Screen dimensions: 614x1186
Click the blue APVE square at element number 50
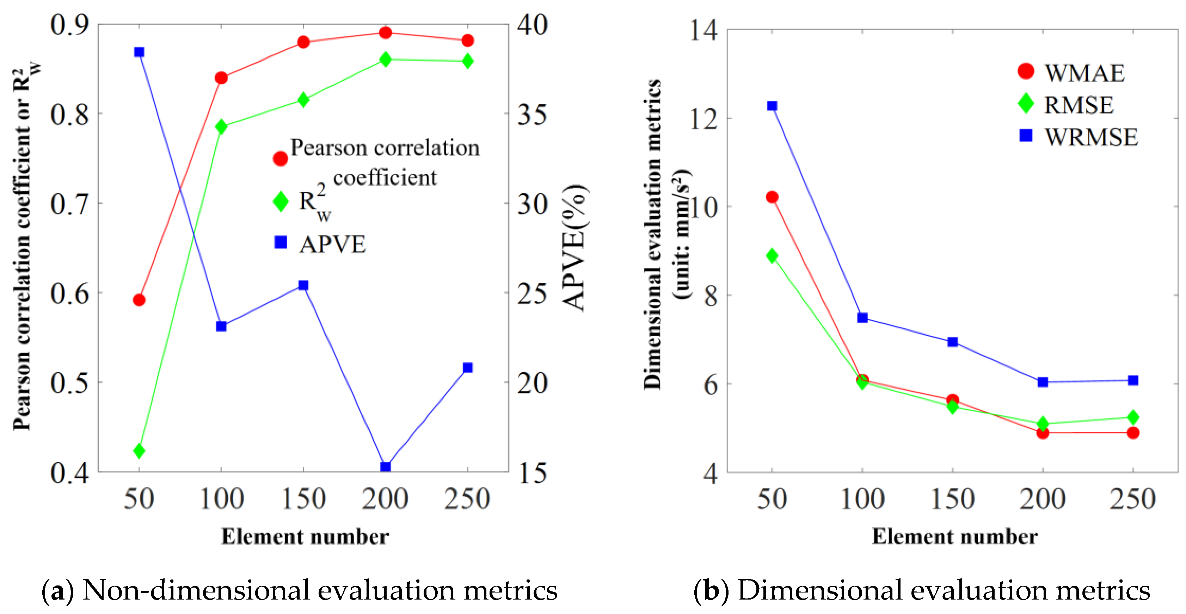[139, 52]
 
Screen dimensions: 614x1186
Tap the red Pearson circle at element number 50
[139, 300]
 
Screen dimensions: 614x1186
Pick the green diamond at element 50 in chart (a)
[139, 451]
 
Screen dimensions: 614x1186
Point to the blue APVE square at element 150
[303, 285]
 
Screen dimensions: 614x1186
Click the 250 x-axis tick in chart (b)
[1132, 499]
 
